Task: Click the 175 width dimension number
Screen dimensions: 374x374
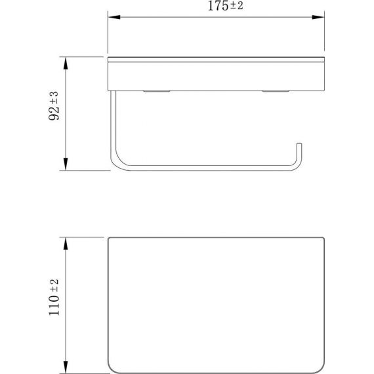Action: pyautogui.click(x=218, y=6)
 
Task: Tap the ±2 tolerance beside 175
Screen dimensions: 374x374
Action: pyautogui.click(x=237, y=6)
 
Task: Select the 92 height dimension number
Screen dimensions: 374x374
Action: pyautogui.click(x=54, y=113)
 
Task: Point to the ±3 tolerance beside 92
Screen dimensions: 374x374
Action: pyautogui.click(x=54, y=98)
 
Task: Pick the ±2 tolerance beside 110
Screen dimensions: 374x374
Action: pyautogui.click(x=54, y=285)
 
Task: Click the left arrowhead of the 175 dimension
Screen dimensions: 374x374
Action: pyautogui.click(x=114, y=17)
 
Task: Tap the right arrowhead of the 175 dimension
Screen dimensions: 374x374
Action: pyautogui.click(x=318, y=17)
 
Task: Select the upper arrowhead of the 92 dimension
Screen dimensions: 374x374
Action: pyautogui.click(x=66, y=63)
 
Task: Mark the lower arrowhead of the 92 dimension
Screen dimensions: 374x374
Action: pyautogui.click(x=66, y=164)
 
